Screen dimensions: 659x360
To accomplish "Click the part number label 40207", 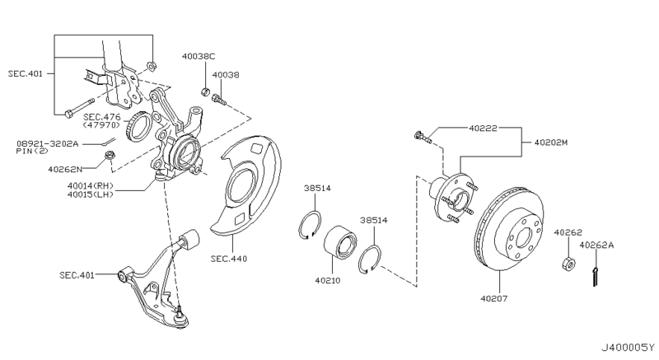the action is [493, 299].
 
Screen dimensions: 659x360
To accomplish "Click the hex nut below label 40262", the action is [568, 264].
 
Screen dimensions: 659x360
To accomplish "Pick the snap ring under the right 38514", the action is [370, 260].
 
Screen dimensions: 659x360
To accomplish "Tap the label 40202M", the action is [551, 143].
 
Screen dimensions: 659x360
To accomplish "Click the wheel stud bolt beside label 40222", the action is [423, 138].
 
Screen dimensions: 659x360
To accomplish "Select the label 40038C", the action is [199, 56].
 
